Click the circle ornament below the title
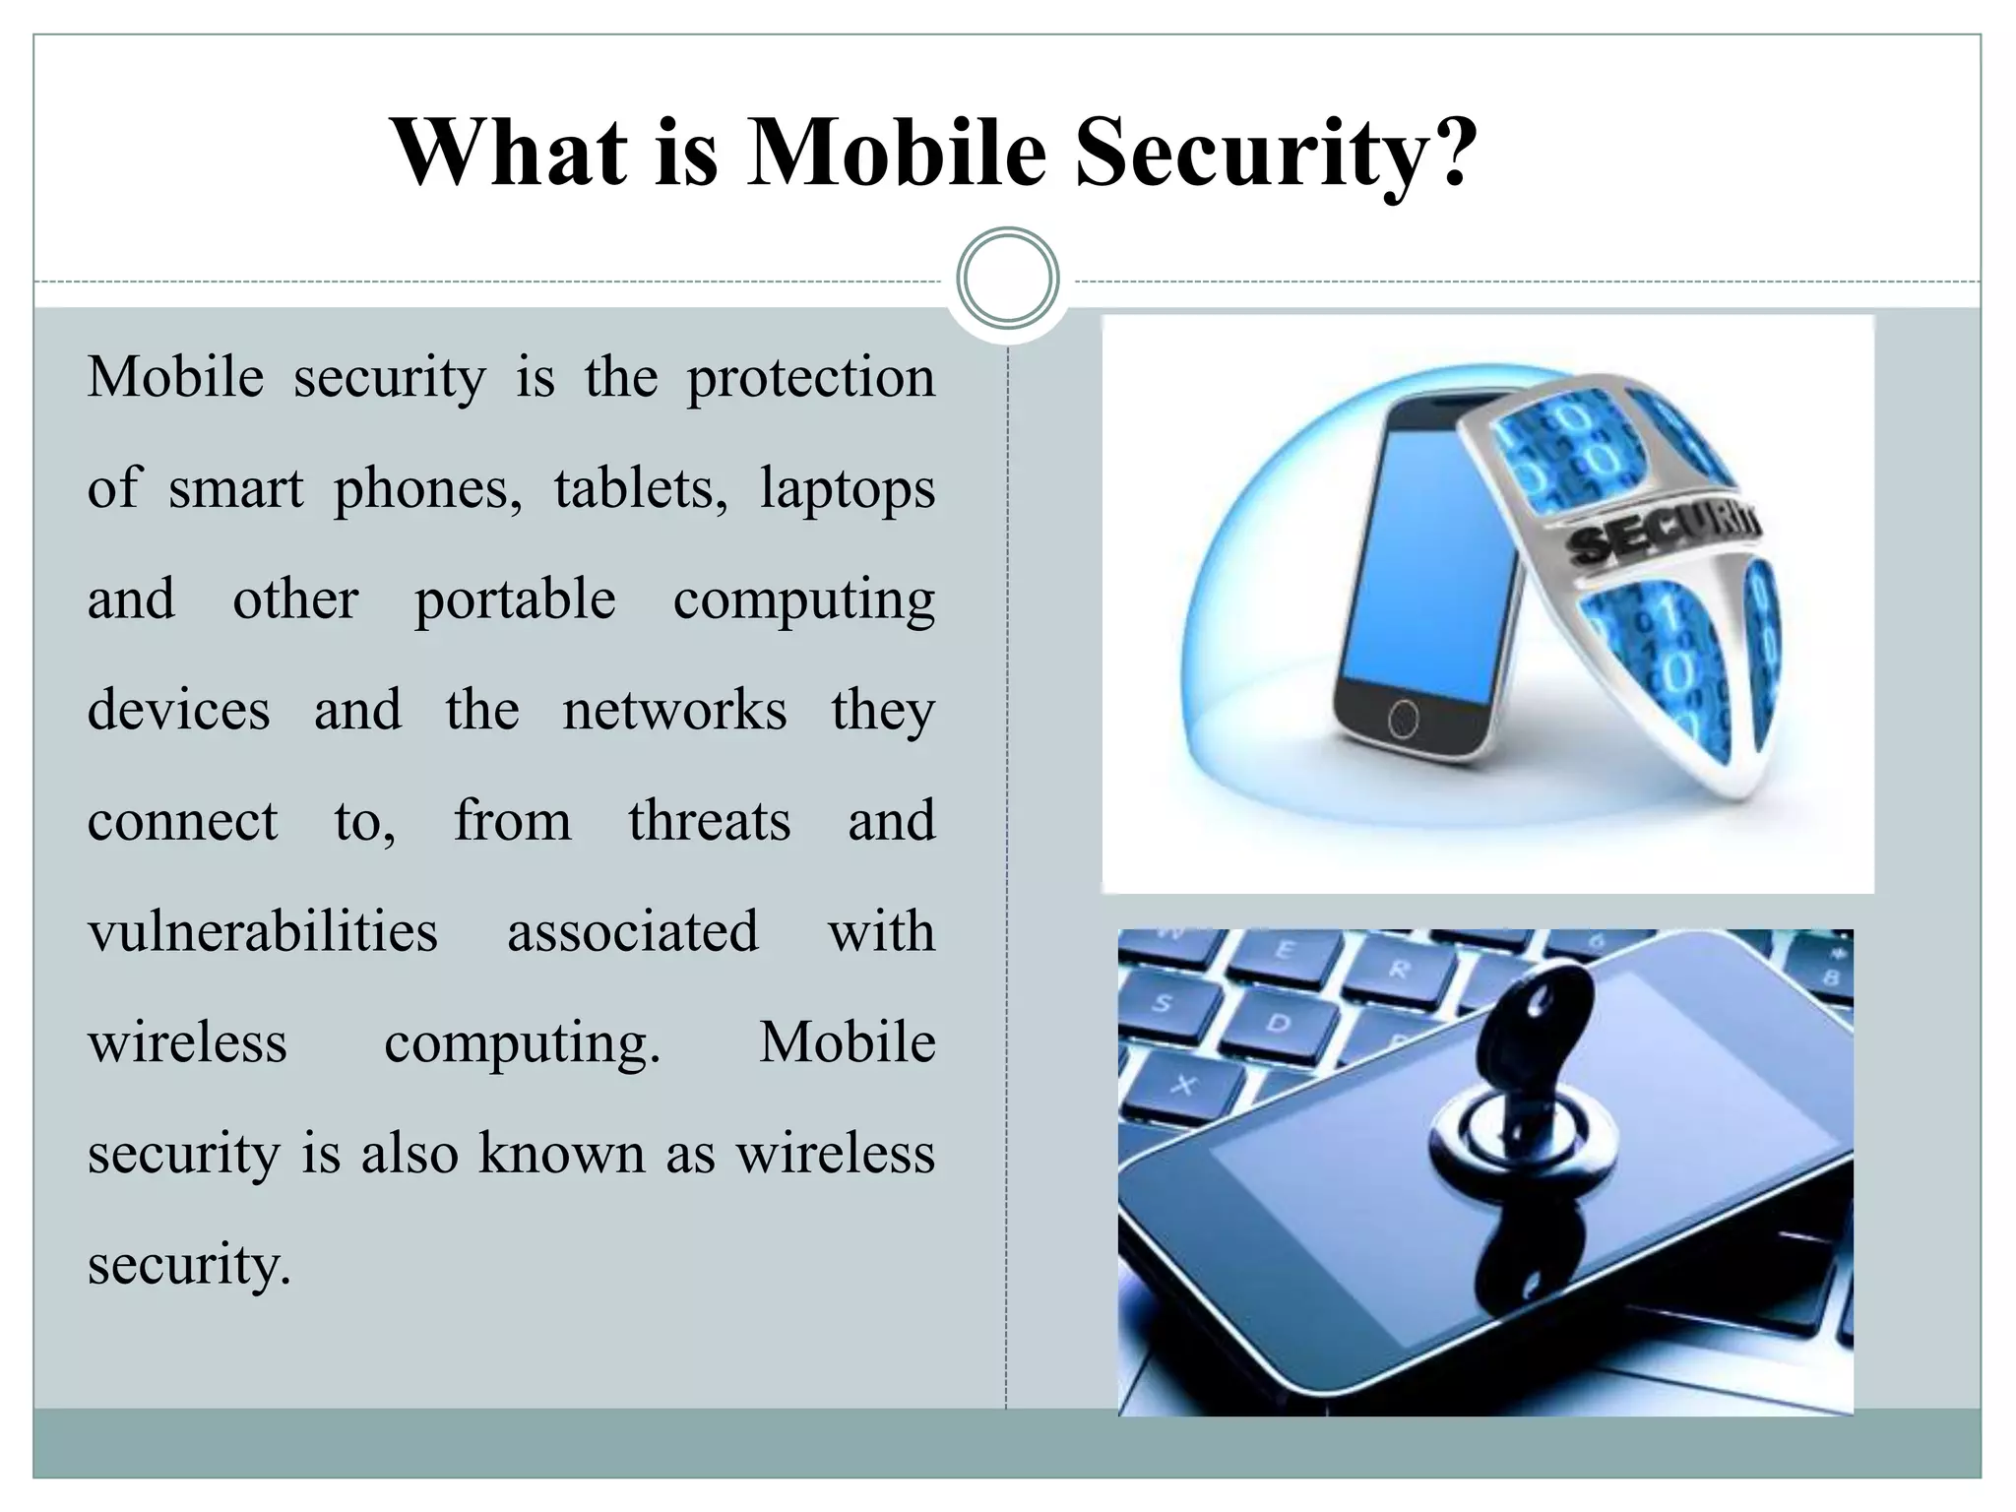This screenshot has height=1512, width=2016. (x=1007, y=278)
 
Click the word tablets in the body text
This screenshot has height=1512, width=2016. (x=641, y=488)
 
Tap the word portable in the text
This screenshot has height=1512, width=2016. (x=515, y=600)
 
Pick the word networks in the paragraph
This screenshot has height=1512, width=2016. (x=674, y=710)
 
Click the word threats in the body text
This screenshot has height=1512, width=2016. (x=709, y=821)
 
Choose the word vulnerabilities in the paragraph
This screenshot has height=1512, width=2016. (x=262, y=931)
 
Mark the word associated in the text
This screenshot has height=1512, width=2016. (x=633, y=931)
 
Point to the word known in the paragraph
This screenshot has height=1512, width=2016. (x=561, y=1153)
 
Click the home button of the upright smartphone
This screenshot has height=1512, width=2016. (x=1403, y=720)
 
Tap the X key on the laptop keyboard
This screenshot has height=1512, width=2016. (x=1184, y=1085)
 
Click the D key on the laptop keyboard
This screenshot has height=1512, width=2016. (x=1277, y=1024)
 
